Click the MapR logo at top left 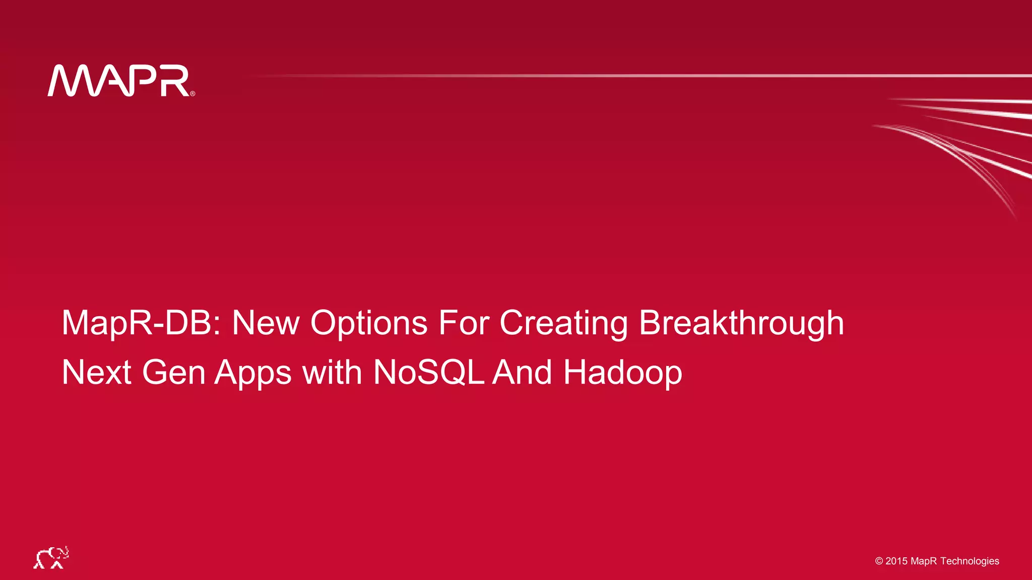click(x=119, y=81)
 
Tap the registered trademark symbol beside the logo click(x=192, y=94)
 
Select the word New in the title click(x=266, y=323)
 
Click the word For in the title click(x=464, y=323)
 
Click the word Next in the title click(x=96, y=373)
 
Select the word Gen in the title click(x=174, y=373)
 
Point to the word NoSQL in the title click(x=428, y=373)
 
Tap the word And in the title click(x=522, y=373)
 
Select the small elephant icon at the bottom click(x=51, y=558)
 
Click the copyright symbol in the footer click(x=879, y=561)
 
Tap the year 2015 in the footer click(x=896, y=561)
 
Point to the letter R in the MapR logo click(x=175, y=81)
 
